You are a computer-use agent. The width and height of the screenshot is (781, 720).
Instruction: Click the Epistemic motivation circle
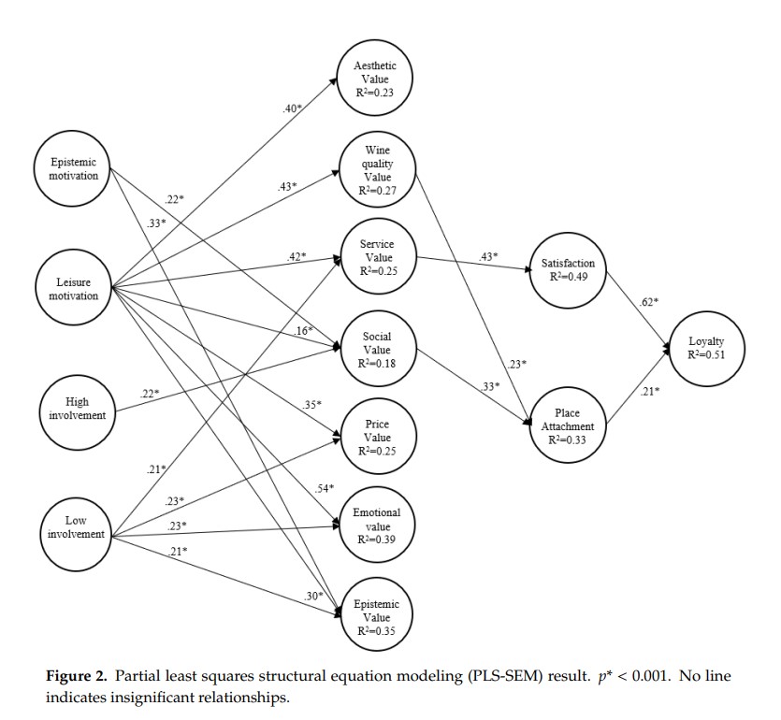click(x=74, y=169)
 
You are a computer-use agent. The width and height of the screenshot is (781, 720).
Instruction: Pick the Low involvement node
click(x=74, y=526)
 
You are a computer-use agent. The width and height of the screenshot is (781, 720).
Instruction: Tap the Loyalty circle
click(x=706, y=348)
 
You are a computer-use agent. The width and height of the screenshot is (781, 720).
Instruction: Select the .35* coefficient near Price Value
click(x=311, y=405)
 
